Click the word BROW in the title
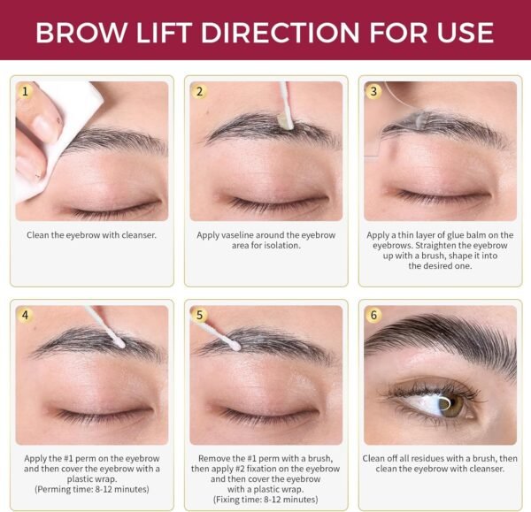click(81, 33)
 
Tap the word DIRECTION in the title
click(280, 33)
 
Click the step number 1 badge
click(25, 91)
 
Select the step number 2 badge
click(199, 91)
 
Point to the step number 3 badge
click(373, 91)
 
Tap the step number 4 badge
click(25, 315)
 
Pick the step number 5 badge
click(199, 315)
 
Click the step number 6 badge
click(373, 315)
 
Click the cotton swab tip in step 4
click(119, 343)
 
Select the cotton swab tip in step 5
click(235, 346)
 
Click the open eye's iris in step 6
click(451, 404)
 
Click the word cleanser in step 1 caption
click(139, 235)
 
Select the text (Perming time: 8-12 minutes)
click(92, 489)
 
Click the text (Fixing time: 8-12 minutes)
click(265, 500)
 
